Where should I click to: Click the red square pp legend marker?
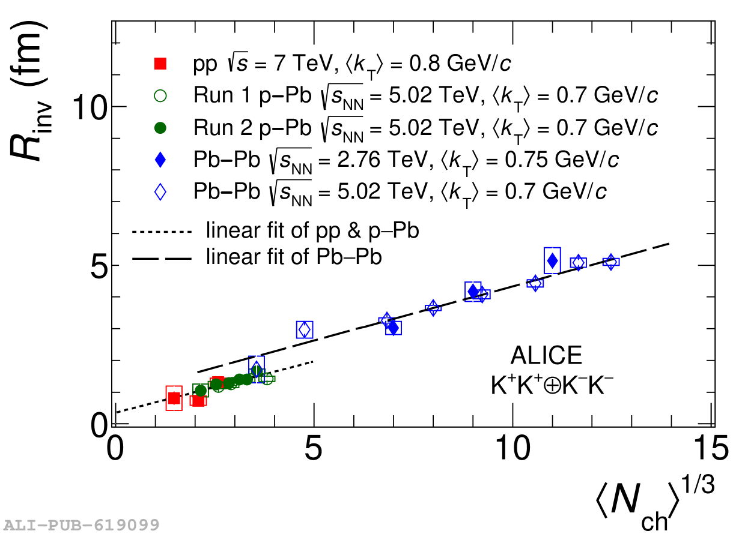pos(160,63)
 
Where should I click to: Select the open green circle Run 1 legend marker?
pos(160,95)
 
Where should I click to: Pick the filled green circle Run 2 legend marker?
pos(160,128)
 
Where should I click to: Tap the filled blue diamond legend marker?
pos(160,160)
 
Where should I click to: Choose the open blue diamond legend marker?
pos(160,193)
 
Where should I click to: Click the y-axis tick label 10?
pos(90,107)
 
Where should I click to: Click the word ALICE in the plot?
pos(546,356)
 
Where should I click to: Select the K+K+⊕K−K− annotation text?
pos(552,385)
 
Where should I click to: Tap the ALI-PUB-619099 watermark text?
pos(80,525)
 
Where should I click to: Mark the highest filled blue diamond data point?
pos(552,260)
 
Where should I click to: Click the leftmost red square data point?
pos(174,398)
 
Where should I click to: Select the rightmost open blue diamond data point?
pos(611,262)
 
